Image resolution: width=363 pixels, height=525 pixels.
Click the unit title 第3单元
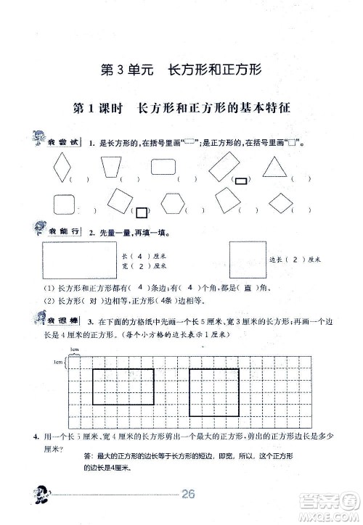point(126,71)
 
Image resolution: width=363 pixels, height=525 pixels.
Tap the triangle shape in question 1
point(275,168)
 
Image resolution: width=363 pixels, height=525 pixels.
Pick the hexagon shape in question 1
point(172,202)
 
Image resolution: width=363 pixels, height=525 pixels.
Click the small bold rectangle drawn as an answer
point(239,180)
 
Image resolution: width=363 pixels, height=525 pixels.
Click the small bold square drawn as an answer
point(143,212)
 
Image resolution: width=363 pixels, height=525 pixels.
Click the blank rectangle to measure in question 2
point(78,259)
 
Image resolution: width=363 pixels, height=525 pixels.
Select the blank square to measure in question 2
point(245,259)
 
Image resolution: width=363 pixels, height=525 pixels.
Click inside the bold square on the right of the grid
point(214,392)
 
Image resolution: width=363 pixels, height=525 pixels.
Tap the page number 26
point(190,495)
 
